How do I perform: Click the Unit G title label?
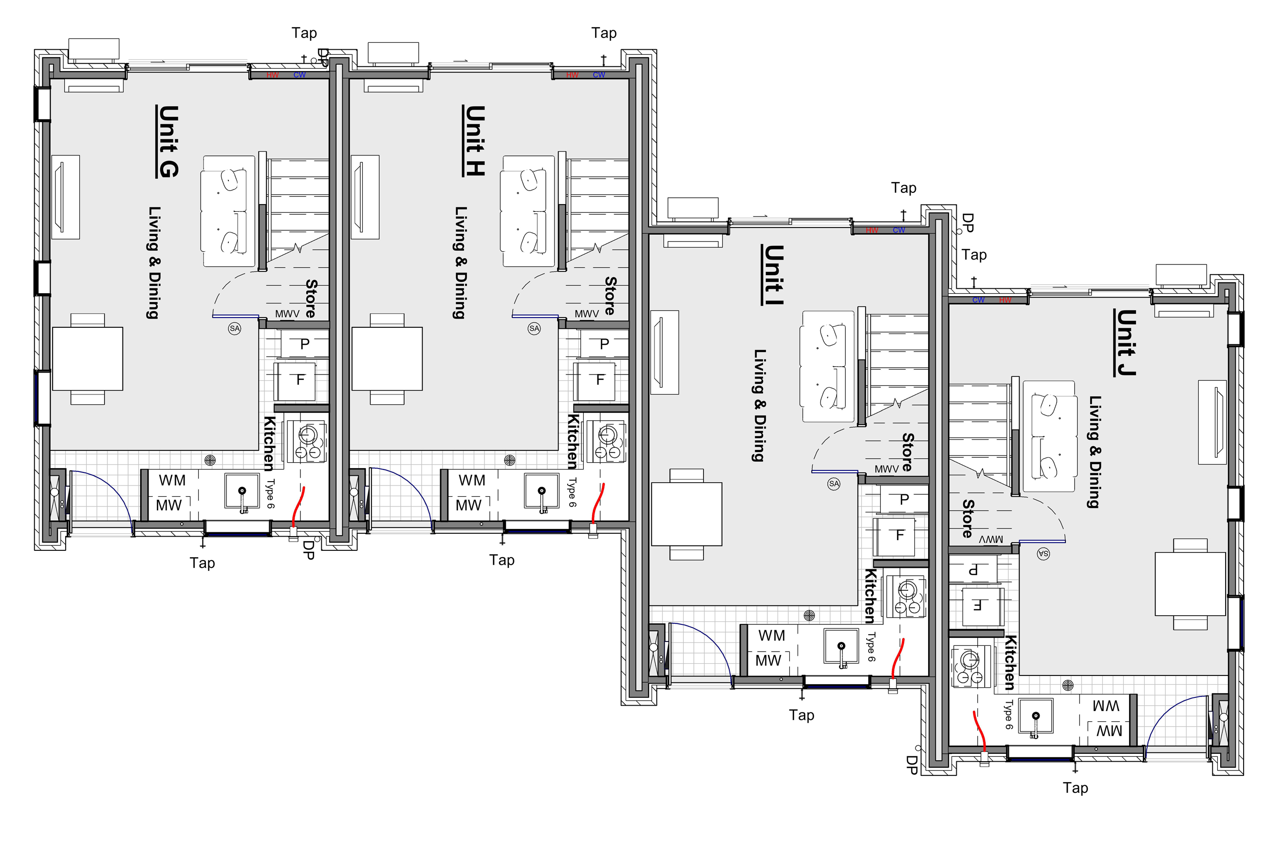167,142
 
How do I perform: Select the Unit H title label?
474,141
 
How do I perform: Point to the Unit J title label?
1126,342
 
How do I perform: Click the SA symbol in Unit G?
235,328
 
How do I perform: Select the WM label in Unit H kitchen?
471,480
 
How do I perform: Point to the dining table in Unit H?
387,359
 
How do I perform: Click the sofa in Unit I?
827,367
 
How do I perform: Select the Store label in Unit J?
968,518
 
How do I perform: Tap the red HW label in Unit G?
272,75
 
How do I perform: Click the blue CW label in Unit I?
899,230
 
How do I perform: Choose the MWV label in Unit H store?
586,314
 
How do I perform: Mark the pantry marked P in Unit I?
904,499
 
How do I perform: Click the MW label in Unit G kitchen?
169,505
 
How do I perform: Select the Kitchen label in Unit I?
870,596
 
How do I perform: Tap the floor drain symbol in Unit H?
509,460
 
